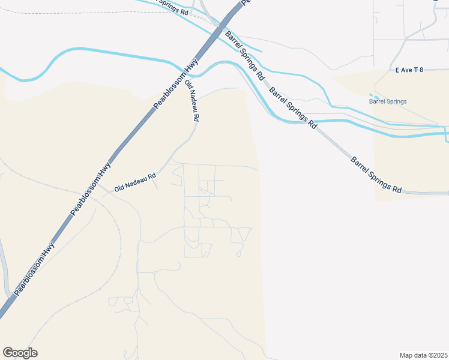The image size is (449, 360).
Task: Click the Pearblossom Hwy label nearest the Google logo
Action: (34, 268)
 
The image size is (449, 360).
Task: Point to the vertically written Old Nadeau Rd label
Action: (191, 101)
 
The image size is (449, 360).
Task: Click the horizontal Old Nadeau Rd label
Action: (135, 178)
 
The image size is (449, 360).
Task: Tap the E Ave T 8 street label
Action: (409, 70)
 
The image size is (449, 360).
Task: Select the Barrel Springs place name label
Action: (387, 101)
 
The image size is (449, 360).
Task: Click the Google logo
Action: (20, 353)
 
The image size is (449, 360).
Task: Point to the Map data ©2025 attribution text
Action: (423, 355)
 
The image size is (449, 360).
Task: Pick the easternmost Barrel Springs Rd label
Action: (376, 175)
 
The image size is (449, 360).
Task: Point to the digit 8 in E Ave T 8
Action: (421, 70)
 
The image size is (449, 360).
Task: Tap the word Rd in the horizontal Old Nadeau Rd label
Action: (152, 176)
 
